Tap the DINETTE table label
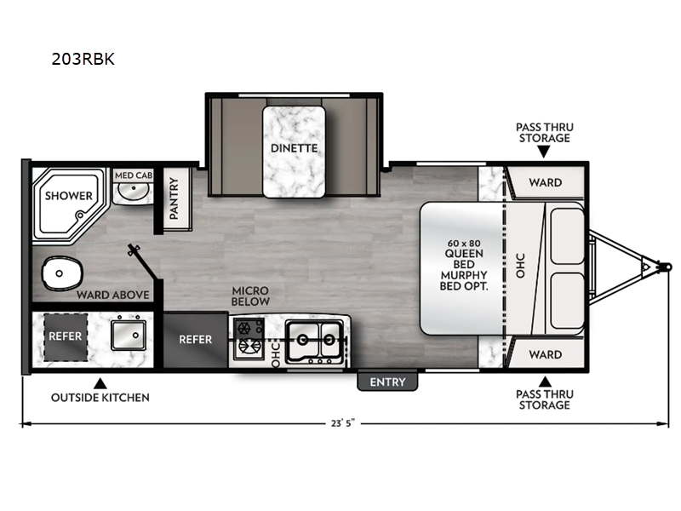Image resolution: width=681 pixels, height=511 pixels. coord(295,148)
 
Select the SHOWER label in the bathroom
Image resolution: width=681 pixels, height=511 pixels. coord(69,196)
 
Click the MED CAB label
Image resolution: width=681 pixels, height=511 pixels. coord(133,175)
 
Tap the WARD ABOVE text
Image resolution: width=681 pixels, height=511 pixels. coord(113,296)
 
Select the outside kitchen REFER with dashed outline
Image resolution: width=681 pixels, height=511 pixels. coord(65,336)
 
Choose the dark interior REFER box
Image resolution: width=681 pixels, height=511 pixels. coord(195,339)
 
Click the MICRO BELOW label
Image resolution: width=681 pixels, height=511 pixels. coord(251,296)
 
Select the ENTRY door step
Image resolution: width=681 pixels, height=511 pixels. coord(387,382)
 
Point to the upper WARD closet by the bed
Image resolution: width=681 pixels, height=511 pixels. coord(545,182)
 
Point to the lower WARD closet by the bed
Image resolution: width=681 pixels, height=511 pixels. coord(545,354)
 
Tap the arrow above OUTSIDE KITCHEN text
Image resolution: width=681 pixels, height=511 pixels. coord(100,382)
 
